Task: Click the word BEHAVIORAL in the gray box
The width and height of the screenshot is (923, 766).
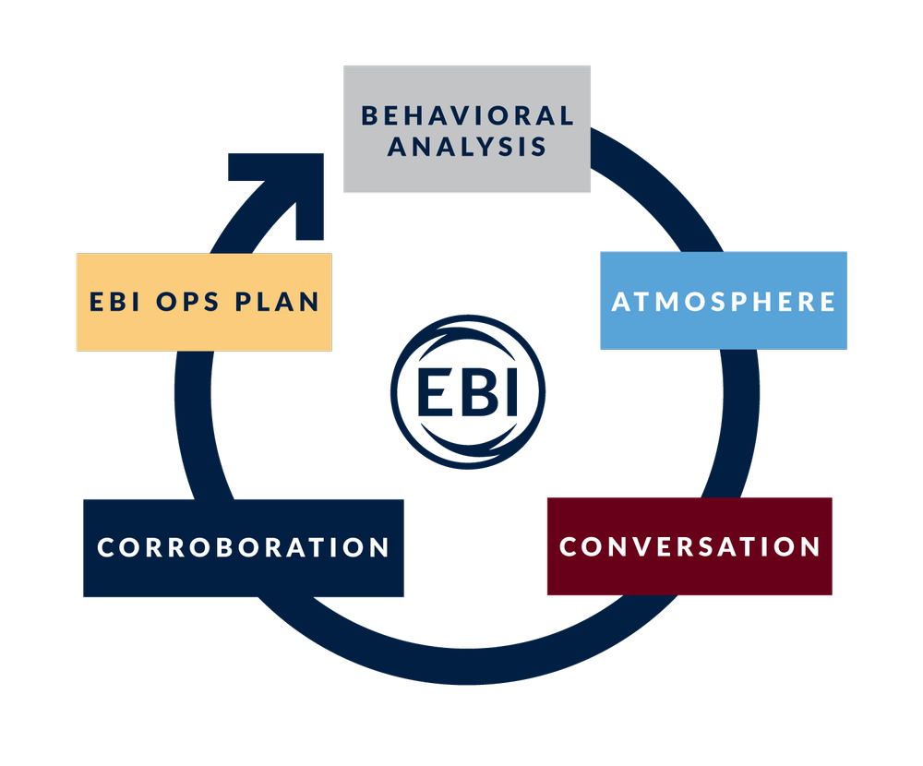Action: click(467, 115)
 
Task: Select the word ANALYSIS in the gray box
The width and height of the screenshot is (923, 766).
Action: click(467, 146)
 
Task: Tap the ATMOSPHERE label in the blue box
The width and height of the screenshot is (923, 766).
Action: click(724, 302)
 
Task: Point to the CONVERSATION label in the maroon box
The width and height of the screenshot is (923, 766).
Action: click(690, 546)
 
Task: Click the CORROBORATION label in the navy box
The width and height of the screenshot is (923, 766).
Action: click(244, 547)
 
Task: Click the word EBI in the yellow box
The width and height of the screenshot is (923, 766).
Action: click(117, 302)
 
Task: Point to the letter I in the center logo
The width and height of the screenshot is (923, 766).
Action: click(509, 393)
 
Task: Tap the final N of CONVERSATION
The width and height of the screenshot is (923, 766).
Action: click(810, 546)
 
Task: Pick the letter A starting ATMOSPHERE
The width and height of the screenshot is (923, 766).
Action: click(622, 302)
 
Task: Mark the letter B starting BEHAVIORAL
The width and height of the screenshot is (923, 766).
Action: click(370, 115)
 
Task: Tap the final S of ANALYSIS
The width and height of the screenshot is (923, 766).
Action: click(538, 146)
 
